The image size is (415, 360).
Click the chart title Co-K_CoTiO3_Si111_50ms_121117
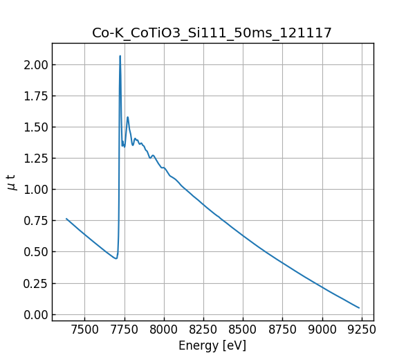[x=212, y=33]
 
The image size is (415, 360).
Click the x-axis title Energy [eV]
[x=212, y=345]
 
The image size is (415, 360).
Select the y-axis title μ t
[x=11, y=182]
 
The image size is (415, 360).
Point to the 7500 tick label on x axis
[x=85, y=330]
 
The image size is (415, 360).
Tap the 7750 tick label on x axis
[x=124, y=330]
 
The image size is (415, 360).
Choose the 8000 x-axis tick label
[x=165, y=330]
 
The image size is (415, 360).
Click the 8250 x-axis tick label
[x=204, y=330]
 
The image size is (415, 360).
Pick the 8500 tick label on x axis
[x=243, y=330]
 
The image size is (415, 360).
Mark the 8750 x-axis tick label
[x=283, y=330]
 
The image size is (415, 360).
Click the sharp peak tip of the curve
[x=120, y=56]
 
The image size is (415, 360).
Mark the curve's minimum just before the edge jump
[x=116, y=259]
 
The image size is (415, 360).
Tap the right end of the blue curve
[x=359, y=308]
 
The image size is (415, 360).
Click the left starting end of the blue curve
[x=66, y=219]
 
